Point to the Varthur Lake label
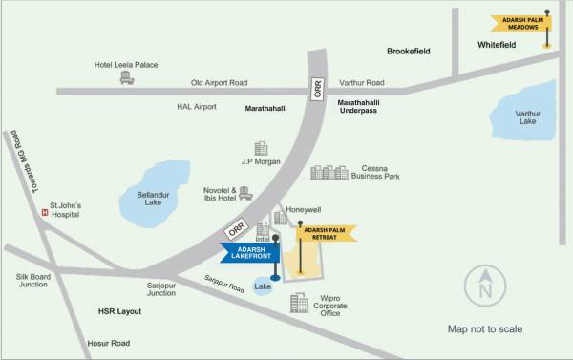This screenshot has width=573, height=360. pyautogui.click(x=527, y=117)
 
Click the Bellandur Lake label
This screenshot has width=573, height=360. pyautogui.click(x=146, y=201)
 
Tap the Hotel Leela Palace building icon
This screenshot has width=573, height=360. pyautogui.click(x=125, y=77)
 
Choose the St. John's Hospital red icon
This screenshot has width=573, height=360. pyautogui.click(x=43, y=212)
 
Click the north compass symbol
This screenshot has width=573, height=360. pyautogui.click(x=484, y=285)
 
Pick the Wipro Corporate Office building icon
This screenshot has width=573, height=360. pyautogui.click(x=301, y=303)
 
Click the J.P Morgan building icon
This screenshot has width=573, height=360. pyautogui.click(x=261, y=150)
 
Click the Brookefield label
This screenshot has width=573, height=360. pyautogui.click(x=412, y=50)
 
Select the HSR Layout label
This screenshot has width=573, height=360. pyautogui.click(x=119, y=311)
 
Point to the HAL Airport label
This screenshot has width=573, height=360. pyautogui.click(x=198, y=106)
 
